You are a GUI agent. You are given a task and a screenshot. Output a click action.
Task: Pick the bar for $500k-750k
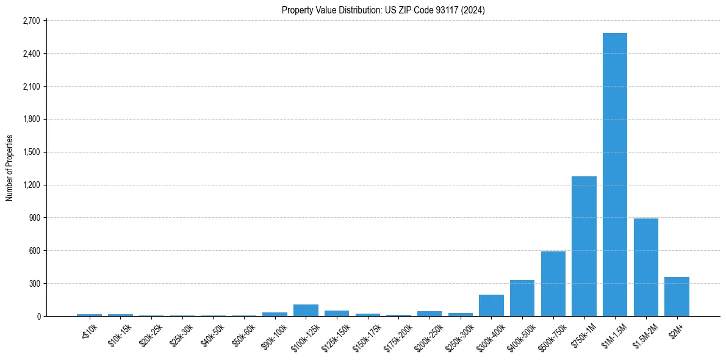click(x=553, y=284)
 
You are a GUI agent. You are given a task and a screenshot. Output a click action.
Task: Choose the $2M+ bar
click(x=677, y=297)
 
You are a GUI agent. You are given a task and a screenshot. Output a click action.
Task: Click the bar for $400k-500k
click(x=522, y=298)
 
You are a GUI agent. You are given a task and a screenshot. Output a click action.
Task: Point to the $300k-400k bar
click(x=491, y=305)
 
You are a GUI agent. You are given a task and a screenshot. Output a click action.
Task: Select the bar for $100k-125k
click(x=306, y=310)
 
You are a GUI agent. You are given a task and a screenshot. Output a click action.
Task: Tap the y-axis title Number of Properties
click(x=10, y=168)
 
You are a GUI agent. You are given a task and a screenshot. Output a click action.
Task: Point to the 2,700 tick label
click(x=31, y=21)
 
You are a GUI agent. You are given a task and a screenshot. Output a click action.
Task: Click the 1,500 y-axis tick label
click(x=31, y=152)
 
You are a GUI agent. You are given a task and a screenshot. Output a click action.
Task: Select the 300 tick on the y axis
click(x=34, y=283)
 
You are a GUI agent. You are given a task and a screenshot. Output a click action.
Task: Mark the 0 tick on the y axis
click(x=37, y=316)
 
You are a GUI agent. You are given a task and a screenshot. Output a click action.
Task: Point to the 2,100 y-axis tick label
click(x=31, y=87)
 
